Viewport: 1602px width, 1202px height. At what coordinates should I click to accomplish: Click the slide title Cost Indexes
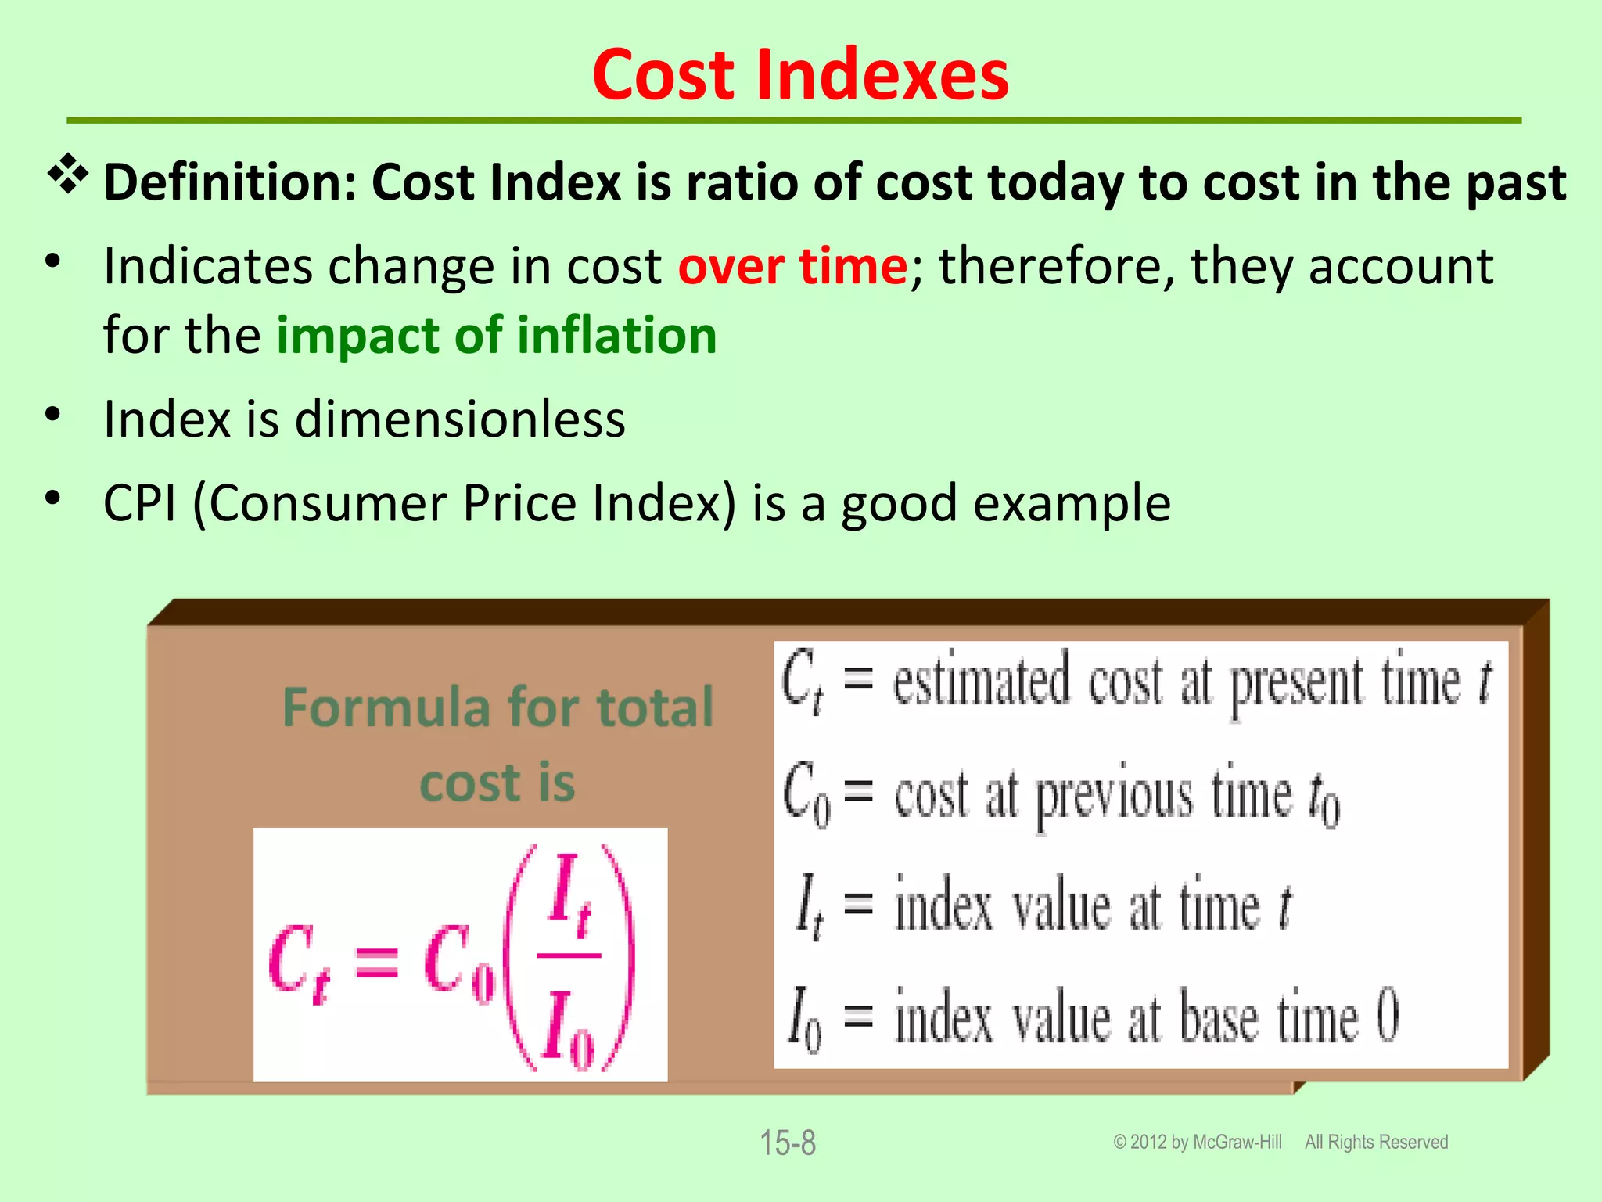tap(800, 75)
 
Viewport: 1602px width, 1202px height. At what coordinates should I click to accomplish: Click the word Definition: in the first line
tap(230, 182)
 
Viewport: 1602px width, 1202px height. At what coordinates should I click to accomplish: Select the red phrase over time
tap(792, 266)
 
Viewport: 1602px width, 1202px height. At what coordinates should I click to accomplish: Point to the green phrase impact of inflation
tap(497, 335)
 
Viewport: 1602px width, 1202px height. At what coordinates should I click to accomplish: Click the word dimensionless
tap(460, 419)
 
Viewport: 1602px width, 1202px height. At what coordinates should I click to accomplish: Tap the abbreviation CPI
tap(139, 502)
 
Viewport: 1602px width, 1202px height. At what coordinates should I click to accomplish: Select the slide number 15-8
tap(788, 1143)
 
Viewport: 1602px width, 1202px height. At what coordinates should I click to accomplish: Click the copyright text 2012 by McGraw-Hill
tap(1205, 1143)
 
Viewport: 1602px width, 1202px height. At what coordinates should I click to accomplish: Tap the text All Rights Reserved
tap(1376, 1143)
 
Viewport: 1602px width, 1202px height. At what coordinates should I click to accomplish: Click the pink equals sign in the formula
tap(377, 963)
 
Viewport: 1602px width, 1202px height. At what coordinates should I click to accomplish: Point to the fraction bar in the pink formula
tap(569, 955)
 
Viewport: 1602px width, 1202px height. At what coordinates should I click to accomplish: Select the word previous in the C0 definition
tap(1114, 797)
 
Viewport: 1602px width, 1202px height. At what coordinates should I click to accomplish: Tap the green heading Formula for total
tap(497, 707)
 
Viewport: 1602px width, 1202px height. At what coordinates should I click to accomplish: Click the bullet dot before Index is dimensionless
tap(52, 414)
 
